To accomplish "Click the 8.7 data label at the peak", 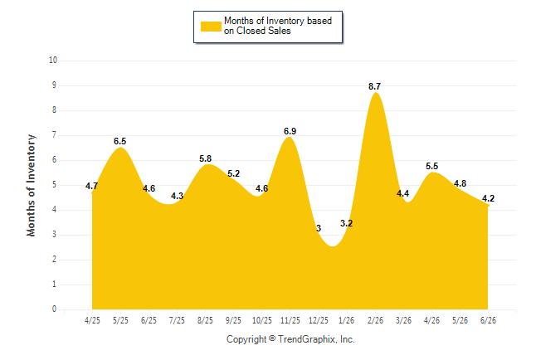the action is tap(374, 87).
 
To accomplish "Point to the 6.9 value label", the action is tap(290, 131).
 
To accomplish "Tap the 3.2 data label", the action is tap(346, 224).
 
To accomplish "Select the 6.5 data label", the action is tap(120, 141).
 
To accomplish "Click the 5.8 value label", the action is tap(206, 158).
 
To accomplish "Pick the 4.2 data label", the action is tap(488, 198).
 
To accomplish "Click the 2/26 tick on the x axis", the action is tap(375, 320).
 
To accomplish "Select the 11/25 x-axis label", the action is tap(290, 320).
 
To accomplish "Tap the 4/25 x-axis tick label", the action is tap(92, 320).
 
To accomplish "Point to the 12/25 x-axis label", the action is tap(319, 320).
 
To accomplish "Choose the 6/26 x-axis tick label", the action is tap(488, 320).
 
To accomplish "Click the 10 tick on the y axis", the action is tap(53, 61).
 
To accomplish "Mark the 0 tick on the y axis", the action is tap(54, 309).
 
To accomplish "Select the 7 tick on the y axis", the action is tap(54, 135).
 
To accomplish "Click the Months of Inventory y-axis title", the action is tap(31, 185).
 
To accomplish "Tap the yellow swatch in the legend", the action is tap(211, 27).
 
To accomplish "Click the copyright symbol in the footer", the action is tap(272, 338).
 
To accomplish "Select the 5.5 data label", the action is tap(431, 166).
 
